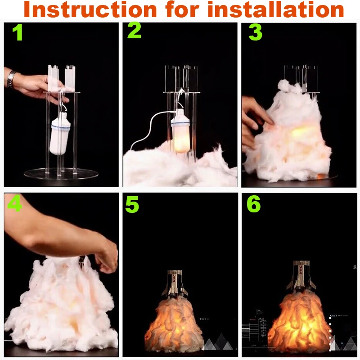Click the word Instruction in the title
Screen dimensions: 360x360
coord(90,9)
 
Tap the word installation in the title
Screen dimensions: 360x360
coord(275,9)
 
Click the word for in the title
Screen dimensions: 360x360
coord(182,9)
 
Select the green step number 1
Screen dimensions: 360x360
coord(18,33)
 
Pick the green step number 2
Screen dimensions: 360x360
coord(134,30)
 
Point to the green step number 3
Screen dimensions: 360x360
coord(255,32)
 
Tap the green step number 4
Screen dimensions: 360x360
coord(14,203)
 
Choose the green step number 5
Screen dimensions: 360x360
coord(132,204)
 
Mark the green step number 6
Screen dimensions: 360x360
coord(254,204)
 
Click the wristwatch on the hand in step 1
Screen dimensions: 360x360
coord(10,79)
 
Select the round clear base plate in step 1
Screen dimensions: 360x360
coord(61,174)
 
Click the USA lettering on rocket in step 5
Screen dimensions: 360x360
coord(174,278)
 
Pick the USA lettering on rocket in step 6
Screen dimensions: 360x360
coord(301,270)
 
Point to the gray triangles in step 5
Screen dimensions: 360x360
coord(218,342)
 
